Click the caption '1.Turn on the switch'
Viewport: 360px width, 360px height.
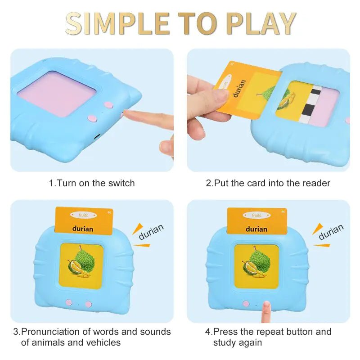point(92,183)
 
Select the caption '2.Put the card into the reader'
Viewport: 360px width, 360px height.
point(268,183)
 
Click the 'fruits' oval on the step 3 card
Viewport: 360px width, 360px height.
point(83,216)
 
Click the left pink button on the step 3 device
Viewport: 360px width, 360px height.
point(68,303)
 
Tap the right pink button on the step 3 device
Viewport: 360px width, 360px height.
point(89,304)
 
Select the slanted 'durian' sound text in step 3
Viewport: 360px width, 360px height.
point(151,231)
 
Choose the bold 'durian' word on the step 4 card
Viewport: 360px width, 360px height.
point(256,229)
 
